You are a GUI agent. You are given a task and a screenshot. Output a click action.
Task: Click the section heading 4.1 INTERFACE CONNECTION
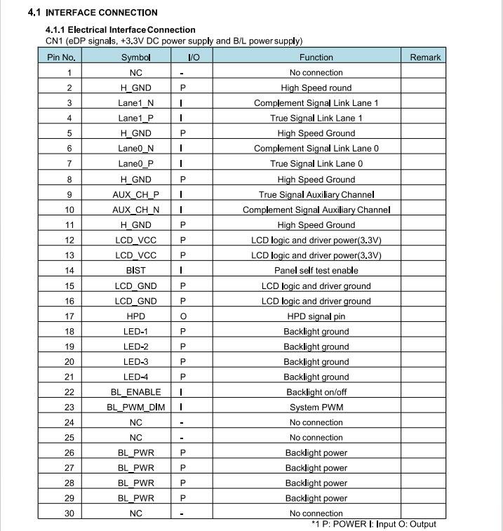coord(93,13)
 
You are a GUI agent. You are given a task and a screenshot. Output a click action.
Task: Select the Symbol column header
coord(135,58)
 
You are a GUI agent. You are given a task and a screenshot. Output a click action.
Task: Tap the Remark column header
coord(425,58)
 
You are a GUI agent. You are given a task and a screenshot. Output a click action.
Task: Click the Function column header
coord(316,58)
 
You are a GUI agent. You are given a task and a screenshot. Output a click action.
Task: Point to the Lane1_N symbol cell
coord(135,103)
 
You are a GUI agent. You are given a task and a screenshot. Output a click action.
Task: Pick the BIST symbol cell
coord(135,271)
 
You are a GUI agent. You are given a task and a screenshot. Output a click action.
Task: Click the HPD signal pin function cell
coord(316,316)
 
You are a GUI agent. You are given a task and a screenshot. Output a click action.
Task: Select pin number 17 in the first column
coord(69,316)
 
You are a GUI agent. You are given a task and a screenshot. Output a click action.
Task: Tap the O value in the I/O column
coord(183,316)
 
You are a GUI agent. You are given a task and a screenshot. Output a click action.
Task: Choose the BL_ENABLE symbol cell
coord(135,392)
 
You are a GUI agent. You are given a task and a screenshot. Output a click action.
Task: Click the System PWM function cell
coord(316,408)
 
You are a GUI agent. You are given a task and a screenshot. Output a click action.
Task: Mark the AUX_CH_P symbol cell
coord(135,194)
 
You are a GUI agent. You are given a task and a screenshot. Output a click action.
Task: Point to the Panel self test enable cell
coord(316,271)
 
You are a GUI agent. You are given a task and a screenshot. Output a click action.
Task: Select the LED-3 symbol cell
coord(135,362)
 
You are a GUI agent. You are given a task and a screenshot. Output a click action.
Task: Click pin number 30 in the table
coord(69,513)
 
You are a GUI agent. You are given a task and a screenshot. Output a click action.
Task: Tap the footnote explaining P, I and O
coord(374,524)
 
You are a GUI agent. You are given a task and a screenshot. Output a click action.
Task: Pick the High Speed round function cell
coord(316,88)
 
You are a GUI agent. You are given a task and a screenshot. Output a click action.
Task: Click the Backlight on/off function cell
coord(316,392)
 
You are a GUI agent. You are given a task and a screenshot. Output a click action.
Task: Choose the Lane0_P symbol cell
coord(135,164)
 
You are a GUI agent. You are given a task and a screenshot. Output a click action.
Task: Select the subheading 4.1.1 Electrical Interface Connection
coord(120,30)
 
